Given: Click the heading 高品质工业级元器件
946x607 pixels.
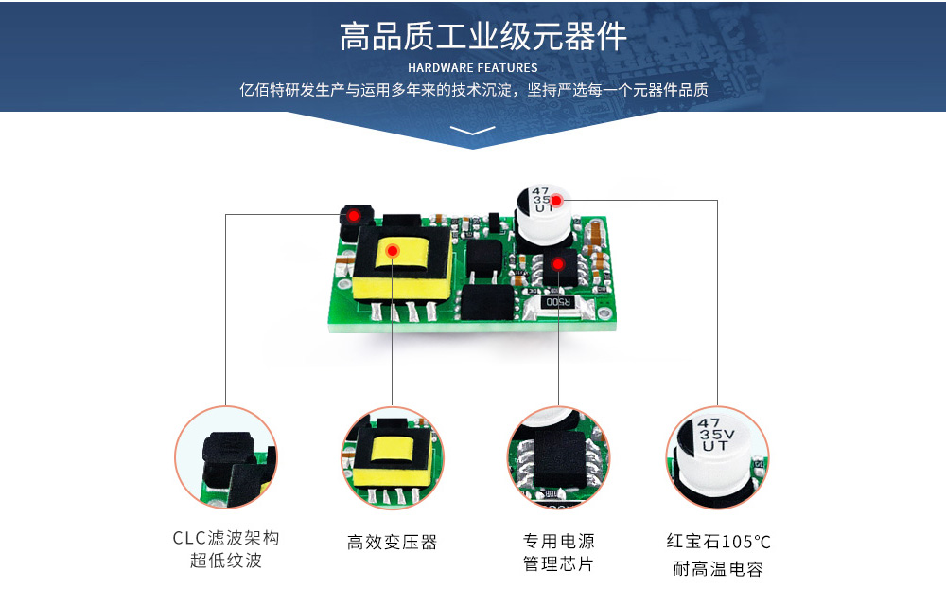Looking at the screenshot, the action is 482,36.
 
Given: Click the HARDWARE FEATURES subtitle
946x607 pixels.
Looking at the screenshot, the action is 472,68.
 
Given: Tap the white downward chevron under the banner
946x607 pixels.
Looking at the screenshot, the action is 472,130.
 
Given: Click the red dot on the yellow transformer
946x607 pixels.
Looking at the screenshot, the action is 393,250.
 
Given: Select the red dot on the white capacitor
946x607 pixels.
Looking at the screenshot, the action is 556,200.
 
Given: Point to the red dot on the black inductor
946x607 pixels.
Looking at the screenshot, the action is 354,216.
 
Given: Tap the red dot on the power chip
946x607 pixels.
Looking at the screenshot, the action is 558,264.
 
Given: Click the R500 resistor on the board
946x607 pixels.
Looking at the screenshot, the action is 557,302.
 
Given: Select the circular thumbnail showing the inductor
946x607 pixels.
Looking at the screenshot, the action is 226,457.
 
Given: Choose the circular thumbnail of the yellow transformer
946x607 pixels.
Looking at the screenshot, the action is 393,457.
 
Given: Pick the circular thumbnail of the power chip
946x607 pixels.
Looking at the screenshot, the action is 559,457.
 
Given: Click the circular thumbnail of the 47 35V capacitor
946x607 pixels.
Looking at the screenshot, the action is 717,457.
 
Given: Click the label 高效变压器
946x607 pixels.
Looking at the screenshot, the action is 393,542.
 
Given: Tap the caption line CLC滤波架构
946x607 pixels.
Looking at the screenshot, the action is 226,538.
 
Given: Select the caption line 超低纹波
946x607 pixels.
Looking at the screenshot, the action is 226,561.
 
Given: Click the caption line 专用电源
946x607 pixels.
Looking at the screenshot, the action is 559,541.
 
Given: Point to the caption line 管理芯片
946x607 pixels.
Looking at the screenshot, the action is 559,563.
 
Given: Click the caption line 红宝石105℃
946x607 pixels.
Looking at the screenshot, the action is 718,541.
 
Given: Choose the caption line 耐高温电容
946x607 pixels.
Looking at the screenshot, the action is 718,568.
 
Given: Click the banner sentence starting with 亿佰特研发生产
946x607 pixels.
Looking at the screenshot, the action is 474,90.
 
